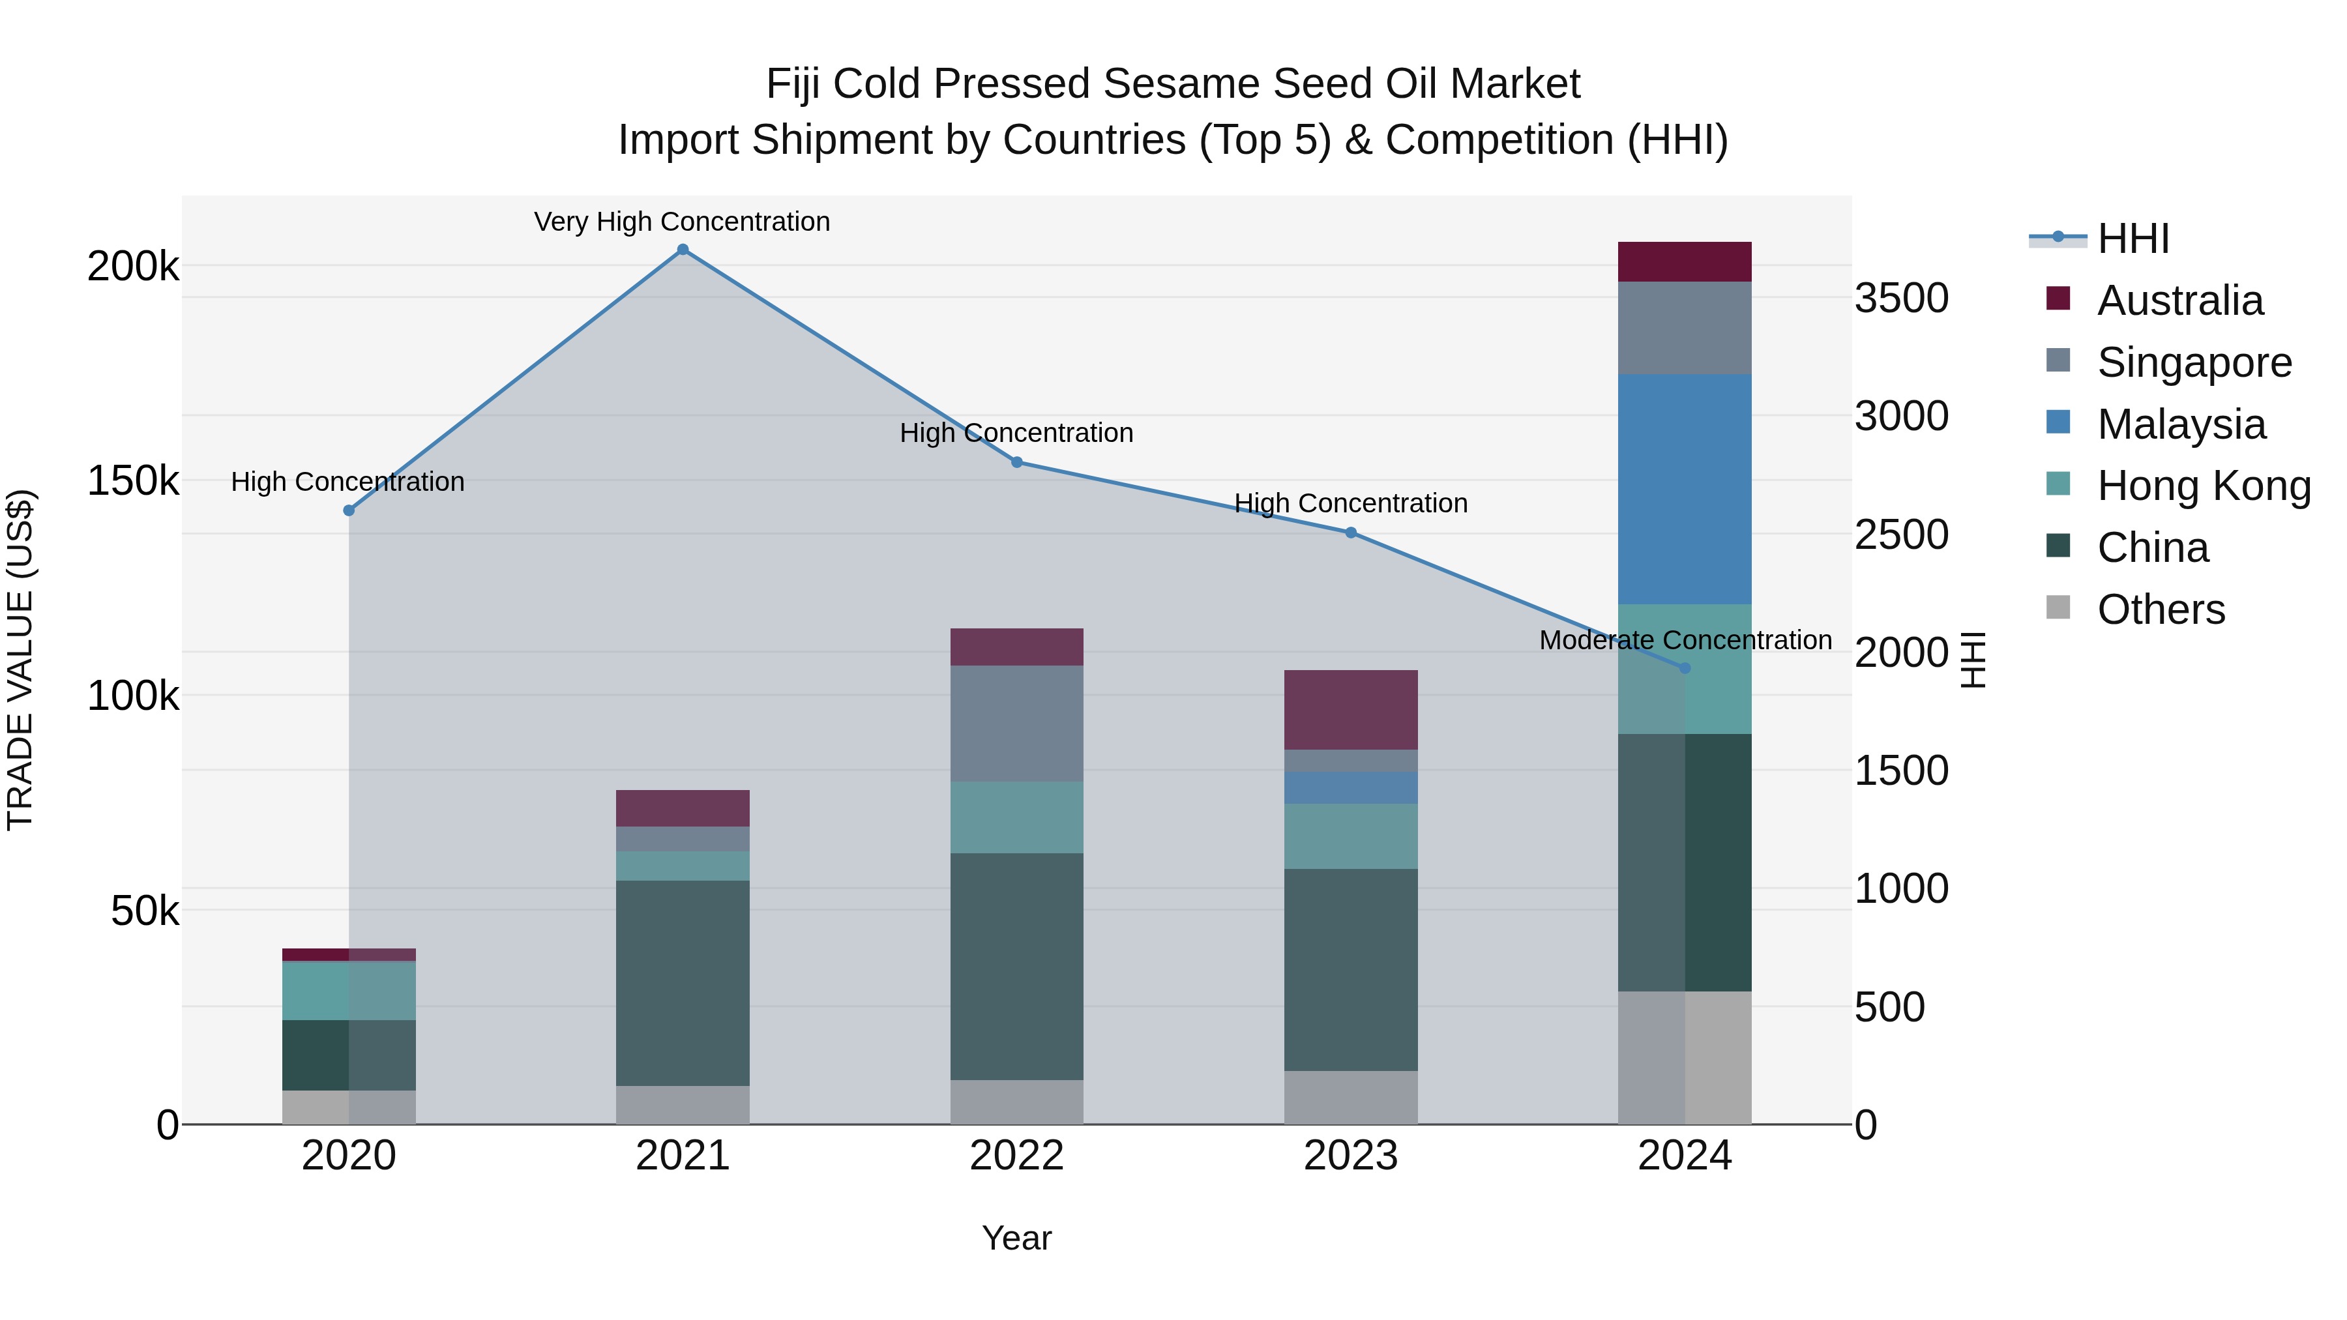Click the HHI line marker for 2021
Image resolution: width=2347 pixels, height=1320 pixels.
683,250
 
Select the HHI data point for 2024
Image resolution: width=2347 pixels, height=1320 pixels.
1685,667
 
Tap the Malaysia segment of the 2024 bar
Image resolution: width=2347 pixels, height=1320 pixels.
1685,488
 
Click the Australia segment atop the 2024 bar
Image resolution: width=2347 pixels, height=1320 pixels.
1685,261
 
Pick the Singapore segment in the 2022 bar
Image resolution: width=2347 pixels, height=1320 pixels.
1017,724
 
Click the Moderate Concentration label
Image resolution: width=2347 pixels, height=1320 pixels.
1685,640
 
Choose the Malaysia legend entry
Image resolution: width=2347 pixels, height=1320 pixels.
2180,424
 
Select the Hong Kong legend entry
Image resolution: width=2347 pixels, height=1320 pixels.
2203,486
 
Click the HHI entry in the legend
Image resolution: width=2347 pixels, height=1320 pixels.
2132,239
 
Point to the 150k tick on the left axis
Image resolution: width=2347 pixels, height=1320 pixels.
133,481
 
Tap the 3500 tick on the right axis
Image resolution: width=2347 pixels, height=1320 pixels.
1902,298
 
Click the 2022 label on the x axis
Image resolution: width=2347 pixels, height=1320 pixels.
1017,1155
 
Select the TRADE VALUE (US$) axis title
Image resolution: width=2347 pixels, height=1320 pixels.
20,660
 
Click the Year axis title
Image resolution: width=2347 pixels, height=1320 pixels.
1017,1238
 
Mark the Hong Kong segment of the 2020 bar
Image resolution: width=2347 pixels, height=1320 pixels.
349,990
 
